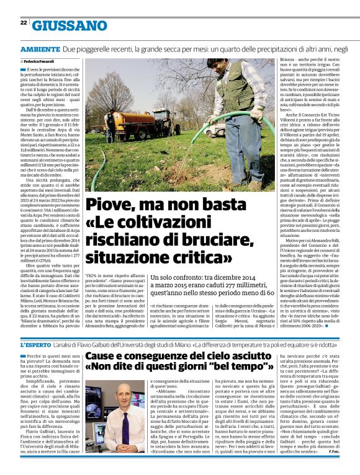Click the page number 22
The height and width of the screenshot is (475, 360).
point(23,22)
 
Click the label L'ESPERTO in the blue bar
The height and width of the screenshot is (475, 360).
point(39,344)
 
